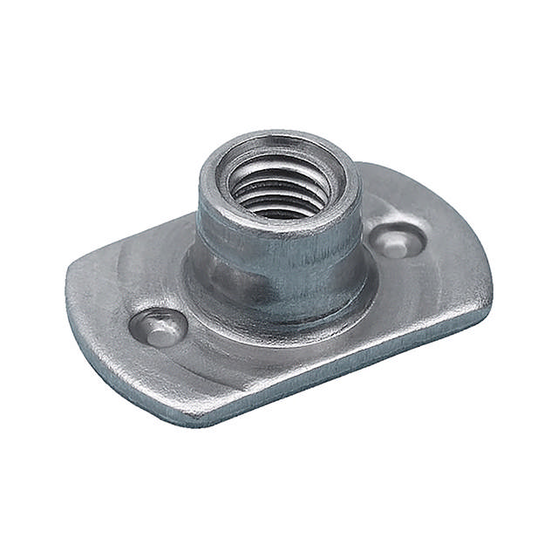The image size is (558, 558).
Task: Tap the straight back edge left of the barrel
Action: tap(139, 240)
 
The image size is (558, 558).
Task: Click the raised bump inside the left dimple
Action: tap(160, 330)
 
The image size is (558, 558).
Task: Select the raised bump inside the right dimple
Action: tap(397, 244)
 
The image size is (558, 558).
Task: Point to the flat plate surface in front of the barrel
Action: tap(288, 349)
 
